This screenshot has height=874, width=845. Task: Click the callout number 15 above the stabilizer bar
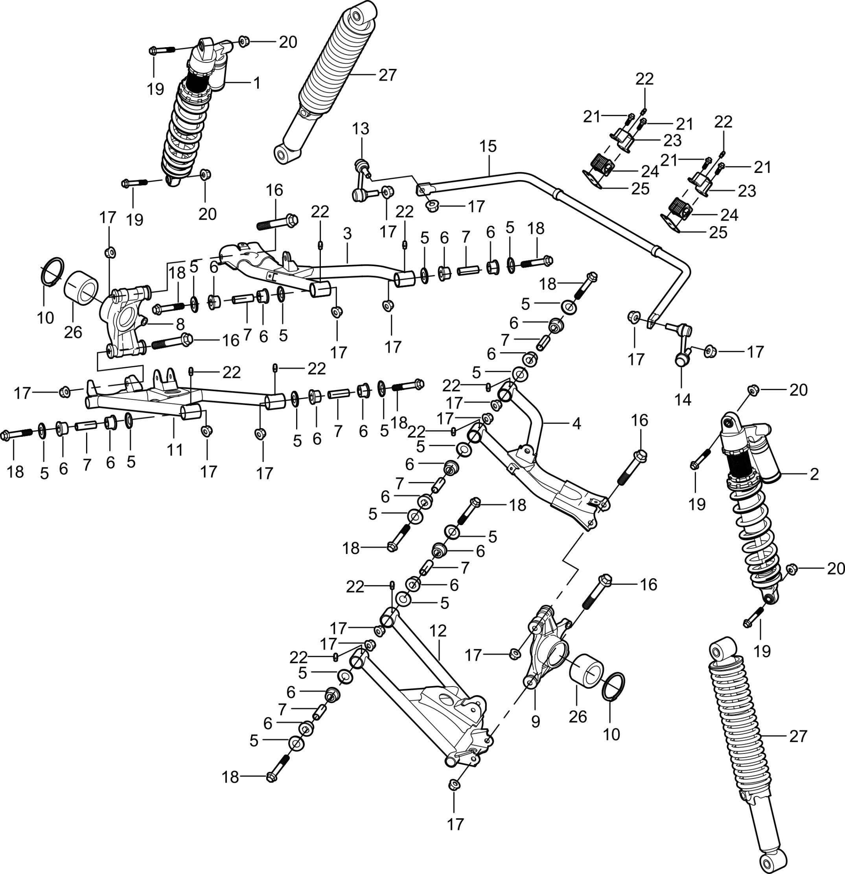tap(488, 147)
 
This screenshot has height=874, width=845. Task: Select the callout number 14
tap(683, 400)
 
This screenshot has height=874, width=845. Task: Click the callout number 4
tap(576, 423)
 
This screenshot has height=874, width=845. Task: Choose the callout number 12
tap(438, 631)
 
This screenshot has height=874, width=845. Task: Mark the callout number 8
tap(180, 323)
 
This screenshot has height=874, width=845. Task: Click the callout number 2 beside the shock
tap(814, 474)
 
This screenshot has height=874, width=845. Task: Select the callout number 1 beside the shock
tap(256, 83)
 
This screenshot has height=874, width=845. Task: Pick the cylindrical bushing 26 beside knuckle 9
tap(587, 675)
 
